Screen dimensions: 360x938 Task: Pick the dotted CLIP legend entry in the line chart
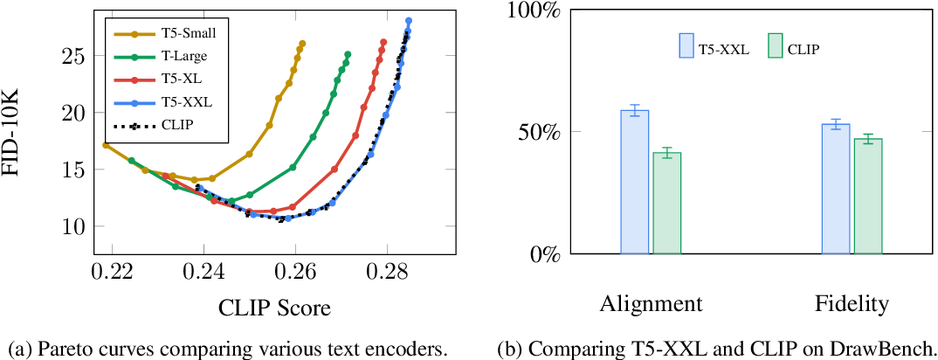177,124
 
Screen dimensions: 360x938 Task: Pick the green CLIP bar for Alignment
667,204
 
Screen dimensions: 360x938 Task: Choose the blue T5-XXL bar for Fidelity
836,189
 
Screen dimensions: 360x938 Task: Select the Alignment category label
651,304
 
